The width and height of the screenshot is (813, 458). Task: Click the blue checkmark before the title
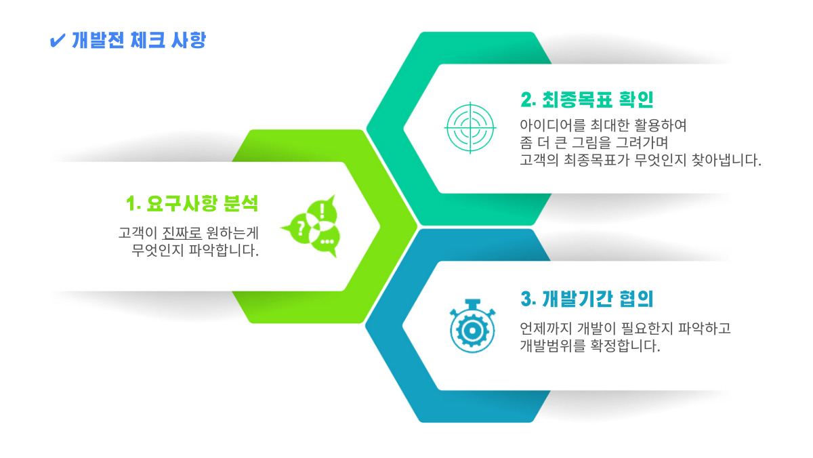[x=58, y=40]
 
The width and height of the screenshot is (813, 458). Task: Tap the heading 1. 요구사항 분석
[x=192, y=203]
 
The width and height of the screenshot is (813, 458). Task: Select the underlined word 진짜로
[x=182, y=232]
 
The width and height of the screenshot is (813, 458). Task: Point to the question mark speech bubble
[x=297, y=229]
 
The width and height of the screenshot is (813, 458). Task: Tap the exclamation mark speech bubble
[x=322, y=211]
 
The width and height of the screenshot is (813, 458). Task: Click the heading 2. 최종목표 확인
[x=587, y=100]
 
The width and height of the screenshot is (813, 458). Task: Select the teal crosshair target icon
[x=470, y=128]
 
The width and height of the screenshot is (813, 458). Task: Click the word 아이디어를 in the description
[x=552, y=125]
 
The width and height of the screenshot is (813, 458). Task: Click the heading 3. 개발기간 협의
[x=587, y=299]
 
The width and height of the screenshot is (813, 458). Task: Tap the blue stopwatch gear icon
[x=472, y=326]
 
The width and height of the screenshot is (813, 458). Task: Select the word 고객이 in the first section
[x=138, y=232]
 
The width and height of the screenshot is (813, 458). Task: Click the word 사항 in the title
[x=188, y=40]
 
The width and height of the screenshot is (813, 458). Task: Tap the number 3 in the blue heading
[x=526, y=299]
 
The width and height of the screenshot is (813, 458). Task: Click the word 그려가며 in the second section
[x=642, y=143]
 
